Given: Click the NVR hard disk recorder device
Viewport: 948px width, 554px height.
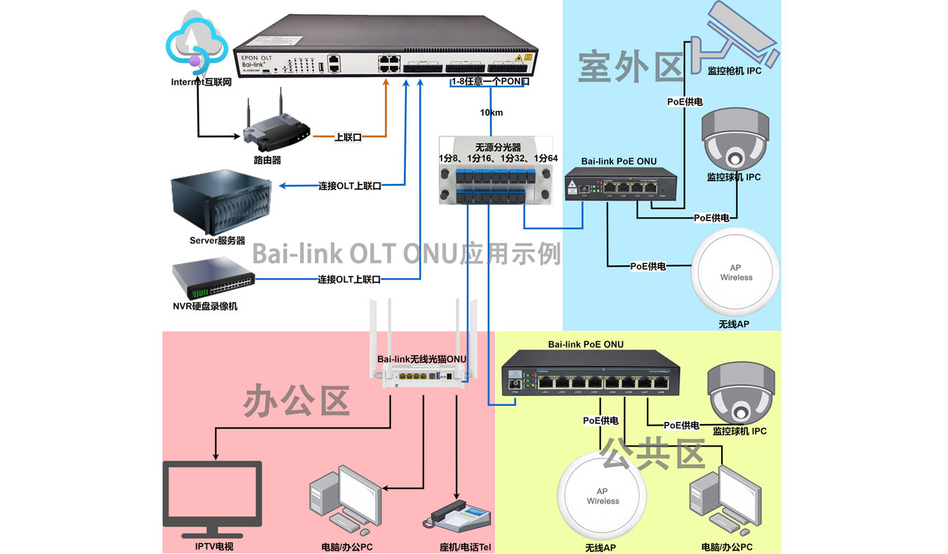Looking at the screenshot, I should tap(213, 279).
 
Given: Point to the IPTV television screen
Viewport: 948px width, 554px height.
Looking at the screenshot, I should tap(212, 495).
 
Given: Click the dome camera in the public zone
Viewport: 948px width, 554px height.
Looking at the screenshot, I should tap(740, 392).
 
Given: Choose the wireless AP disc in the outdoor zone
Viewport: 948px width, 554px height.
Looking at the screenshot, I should tap(735, 272).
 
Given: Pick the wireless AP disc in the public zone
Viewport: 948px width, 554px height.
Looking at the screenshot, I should tap(603, 496).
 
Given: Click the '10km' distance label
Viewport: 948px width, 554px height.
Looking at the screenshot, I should tap(491, 113).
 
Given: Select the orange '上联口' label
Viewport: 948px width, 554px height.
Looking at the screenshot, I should tap(348, 138).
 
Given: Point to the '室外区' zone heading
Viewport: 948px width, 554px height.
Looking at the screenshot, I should tap(631, 66).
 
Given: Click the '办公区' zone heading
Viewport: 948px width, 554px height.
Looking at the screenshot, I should tap(296, 403).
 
